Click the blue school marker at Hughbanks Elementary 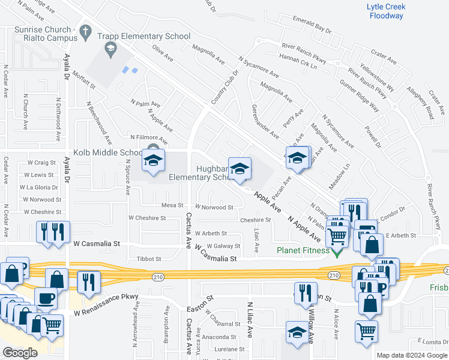pos(239,168)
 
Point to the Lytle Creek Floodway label pos(385,11)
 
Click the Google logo pos(20,353)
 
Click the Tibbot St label pos(149,259)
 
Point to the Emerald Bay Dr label pos(312,24)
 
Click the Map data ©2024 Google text pos(411,355)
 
